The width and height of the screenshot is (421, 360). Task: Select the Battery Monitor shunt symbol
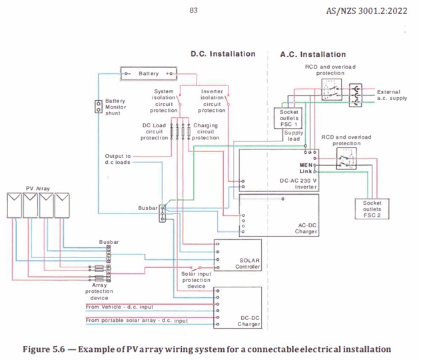[x=99, y=106]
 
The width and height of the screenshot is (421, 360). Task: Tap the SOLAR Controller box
[x=237, y=255]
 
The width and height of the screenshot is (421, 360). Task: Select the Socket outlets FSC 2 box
[x=372, y=207]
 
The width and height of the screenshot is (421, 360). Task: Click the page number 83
[x=194, y=11]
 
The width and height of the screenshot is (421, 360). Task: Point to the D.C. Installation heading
[x=222, y=54]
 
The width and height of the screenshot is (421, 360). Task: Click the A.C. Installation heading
[x=312, y=54]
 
